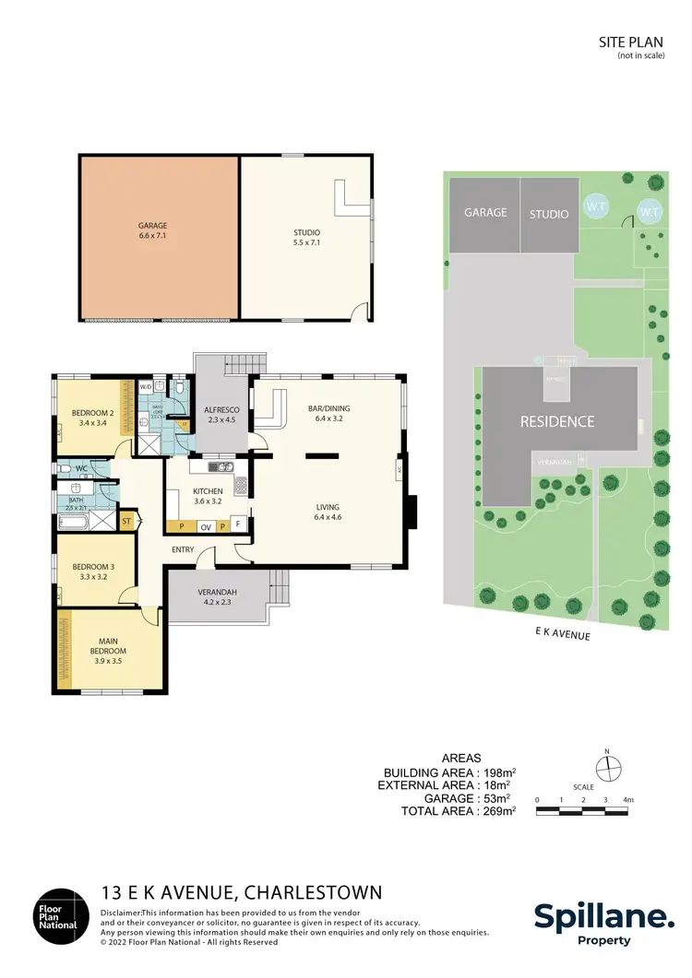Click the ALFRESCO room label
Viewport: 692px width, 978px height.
pyautogui.click(x=221, y=415)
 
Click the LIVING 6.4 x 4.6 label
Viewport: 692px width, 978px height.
pyautogui.click(x=327, y=513)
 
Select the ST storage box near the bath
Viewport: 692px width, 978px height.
pyautogui.click(x=126, y=522)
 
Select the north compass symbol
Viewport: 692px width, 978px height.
pyautogui.click(x=607, y=769)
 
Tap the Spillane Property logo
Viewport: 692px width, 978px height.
pyautogui.click(x=604, y=922)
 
